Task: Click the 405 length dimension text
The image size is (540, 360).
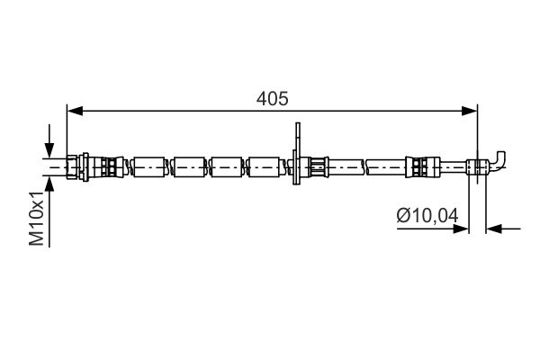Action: point(272,98)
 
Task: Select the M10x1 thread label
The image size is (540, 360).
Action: point(37,218)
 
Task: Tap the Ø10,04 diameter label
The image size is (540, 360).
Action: point(427,216)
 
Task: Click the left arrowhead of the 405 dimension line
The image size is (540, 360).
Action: point(75,111)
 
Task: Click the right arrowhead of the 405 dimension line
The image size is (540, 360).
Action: point(470,111)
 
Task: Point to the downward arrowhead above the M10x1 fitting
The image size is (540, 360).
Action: point(49,150)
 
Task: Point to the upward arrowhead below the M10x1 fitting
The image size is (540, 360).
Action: point(49,184)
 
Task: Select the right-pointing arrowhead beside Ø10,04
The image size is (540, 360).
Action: point(461,229)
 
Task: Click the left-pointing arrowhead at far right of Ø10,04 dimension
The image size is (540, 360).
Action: point(494,229)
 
